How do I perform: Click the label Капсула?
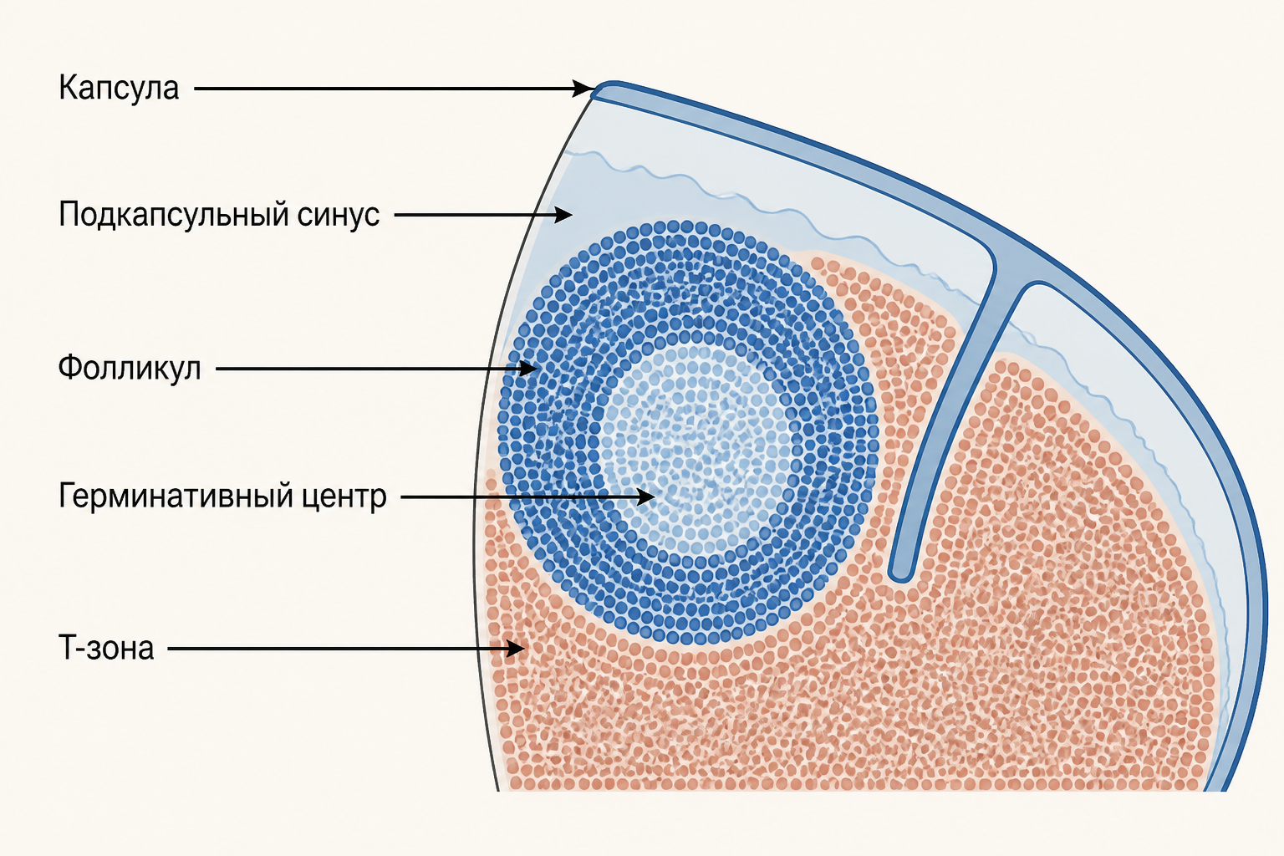[x=119, y=89]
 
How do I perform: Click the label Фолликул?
[x=130, y=368]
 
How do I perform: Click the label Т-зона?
[x=107, y=648]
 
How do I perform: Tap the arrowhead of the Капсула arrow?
[x=584, y=89]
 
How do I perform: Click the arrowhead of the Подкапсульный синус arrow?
[x=563, y=215]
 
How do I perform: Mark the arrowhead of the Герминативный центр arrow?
[x=645, y=497]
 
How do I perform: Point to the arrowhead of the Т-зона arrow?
[x=515, y=649]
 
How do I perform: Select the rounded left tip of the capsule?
[x=599, y=89]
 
